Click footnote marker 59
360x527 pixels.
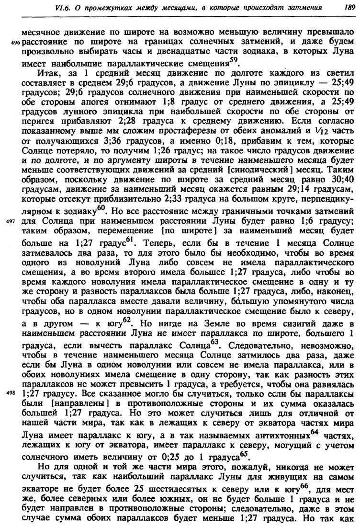tap(233, 60)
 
